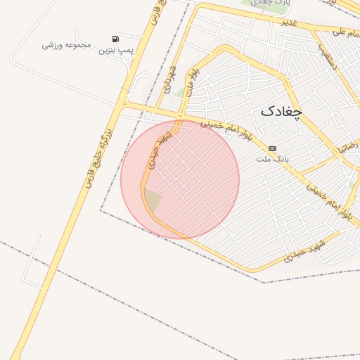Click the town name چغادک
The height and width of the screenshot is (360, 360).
point(281,111)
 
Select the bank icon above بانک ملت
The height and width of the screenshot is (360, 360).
point(273,148)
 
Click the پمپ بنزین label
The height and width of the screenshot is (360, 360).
point(115,50)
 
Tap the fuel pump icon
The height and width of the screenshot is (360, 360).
point(115,39)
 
